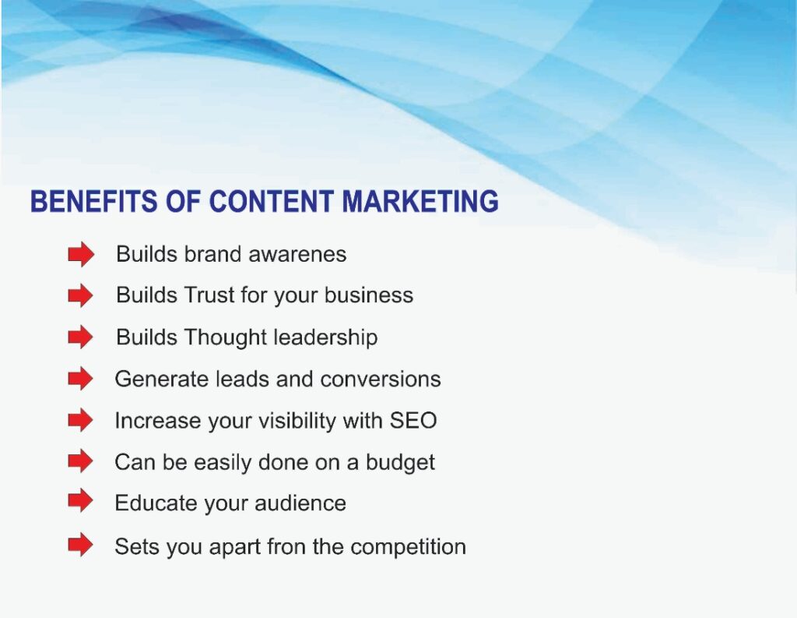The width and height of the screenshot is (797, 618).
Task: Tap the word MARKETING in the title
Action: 420,201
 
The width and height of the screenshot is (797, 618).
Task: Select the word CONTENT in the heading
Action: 272,201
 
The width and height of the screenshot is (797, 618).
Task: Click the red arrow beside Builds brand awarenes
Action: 81,254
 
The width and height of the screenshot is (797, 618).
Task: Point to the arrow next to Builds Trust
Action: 81,295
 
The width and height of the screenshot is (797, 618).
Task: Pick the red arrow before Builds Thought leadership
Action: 81,337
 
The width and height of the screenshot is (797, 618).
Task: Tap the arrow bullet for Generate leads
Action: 81,379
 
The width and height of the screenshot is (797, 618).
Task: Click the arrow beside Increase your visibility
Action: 81,421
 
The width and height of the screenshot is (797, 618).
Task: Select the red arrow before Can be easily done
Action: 81,461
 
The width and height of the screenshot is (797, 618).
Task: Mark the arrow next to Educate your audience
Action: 81,501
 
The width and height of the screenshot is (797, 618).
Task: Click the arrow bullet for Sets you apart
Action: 81,545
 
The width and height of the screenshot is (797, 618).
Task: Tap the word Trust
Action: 209,295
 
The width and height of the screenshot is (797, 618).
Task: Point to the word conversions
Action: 381,380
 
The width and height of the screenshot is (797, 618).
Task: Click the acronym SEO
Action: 413,421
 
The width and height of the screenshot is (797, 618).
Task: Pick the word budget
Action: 400,463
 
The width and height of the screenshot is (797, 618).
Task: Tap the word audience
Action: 300,503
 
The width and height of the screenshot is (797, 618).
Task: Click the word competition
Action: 408,548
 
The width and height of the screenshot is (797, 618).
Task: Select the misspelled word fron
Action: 286,547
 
